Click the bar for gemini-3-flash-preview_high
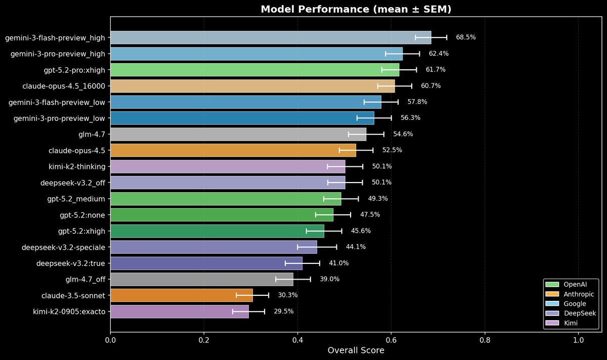point(271,37)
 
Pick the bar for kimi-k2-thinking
point(228,166)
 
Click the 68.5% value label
point(465,37)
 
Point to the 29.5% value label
point(283,311)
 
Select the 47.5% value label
point(370,215)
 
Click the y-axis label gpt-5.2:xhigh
point(82,231)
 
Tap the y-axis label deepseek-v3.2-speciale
point(63,247)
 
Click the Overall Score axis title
point(356,350)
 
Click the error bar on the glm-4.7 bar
point(366,134)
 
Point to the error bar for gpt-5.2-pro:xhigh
point(399,70)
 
